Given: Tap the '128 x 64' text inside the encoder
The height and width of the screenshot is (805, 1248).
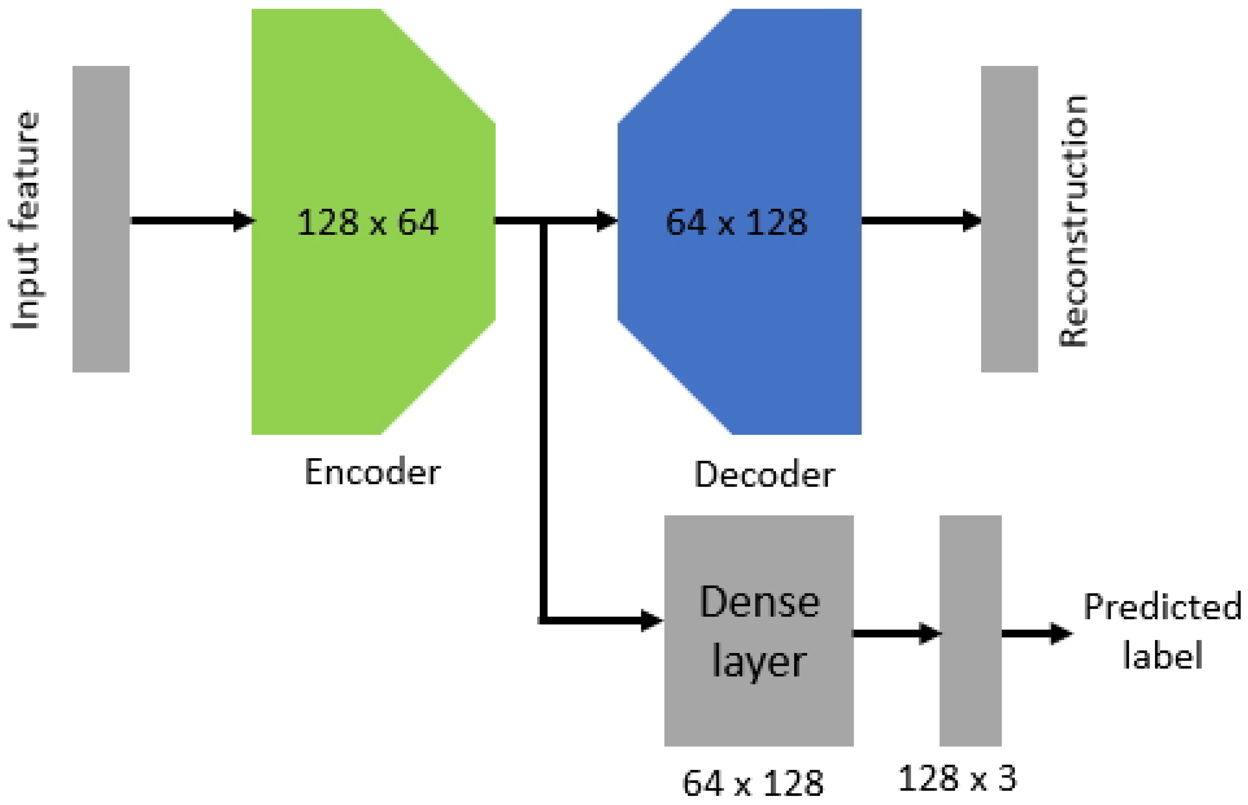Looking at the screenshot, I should tap(367, 222).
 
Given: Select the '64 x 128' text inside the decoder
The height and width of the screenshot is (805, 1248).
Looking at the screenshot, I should tap(736, 222).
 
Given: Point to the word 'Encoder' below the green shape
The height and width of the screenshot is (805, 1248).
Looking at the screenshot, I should tap(372, 472).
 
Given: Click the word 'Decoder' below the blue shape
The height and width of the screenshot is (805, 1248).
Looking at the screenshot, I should tap(764, 474).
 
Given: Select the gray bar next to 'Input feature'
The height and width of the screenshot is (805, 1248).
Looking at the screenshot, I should tap(101, 219).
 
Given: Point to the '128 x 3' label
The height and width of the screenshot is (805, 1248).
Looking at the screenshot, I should tap(957, 778).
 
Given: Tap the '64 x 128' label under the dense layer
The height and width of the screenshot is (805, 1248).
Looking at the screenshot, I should tap(753, 783).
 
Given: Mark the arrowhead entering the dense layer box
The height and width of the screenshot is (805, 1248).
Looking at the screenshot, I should tap(650, 621).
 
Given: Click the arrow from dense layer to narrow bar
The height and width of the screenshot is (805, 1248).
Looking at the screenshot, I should tap(896, 633).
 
